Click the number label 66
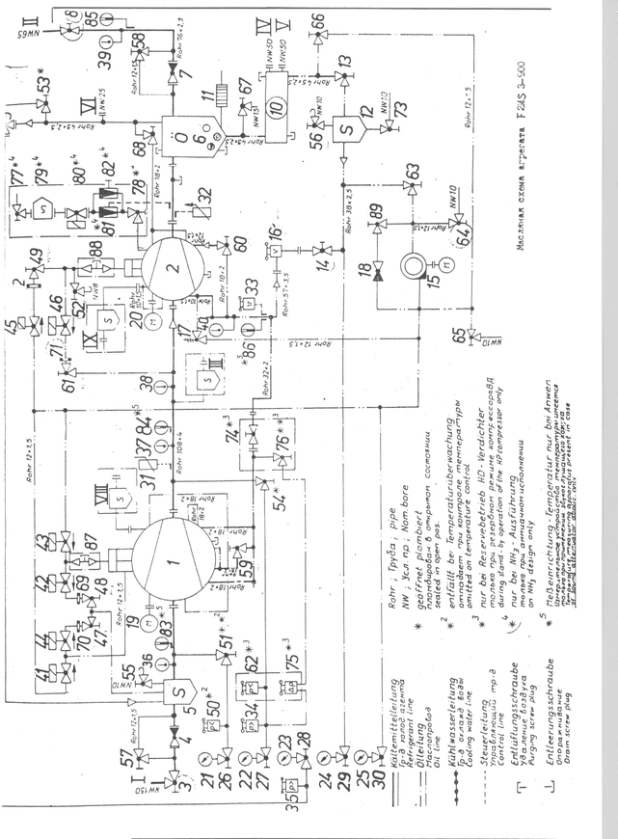coord(318,20)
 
